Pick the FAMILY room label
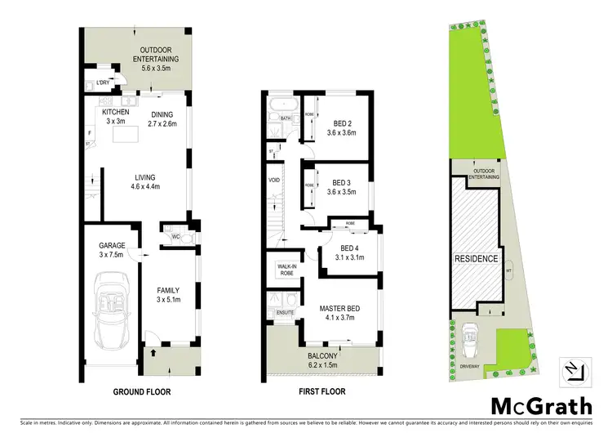168,293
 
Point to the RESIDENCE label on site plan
475,259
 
